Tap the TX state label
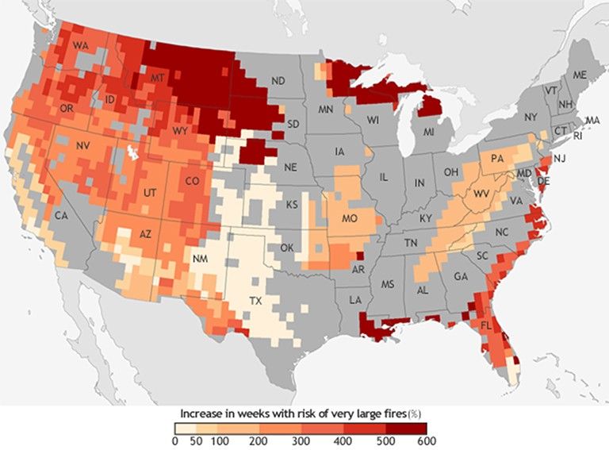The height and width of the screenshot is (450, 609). click(x=255, y=302)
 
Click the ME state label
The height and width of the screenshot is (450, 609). click(x=579, y=75)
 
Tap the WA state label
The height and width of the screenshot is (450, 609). click(x=80, y=47)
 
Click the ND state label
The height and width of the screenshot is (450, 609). click(x=278, y=81)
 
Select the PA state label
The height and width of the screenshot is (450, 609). click(x=500, y=158)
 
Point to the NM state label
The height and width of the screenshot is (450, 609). click(x=202, y=259)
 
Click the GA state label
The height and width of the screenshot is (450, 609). click(x=460, y=277)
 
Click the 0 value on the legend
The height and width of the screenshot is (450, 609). click(x=176, y=440)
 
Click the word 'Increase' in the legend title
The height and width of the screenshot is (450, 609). click(x=201, y=413)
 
